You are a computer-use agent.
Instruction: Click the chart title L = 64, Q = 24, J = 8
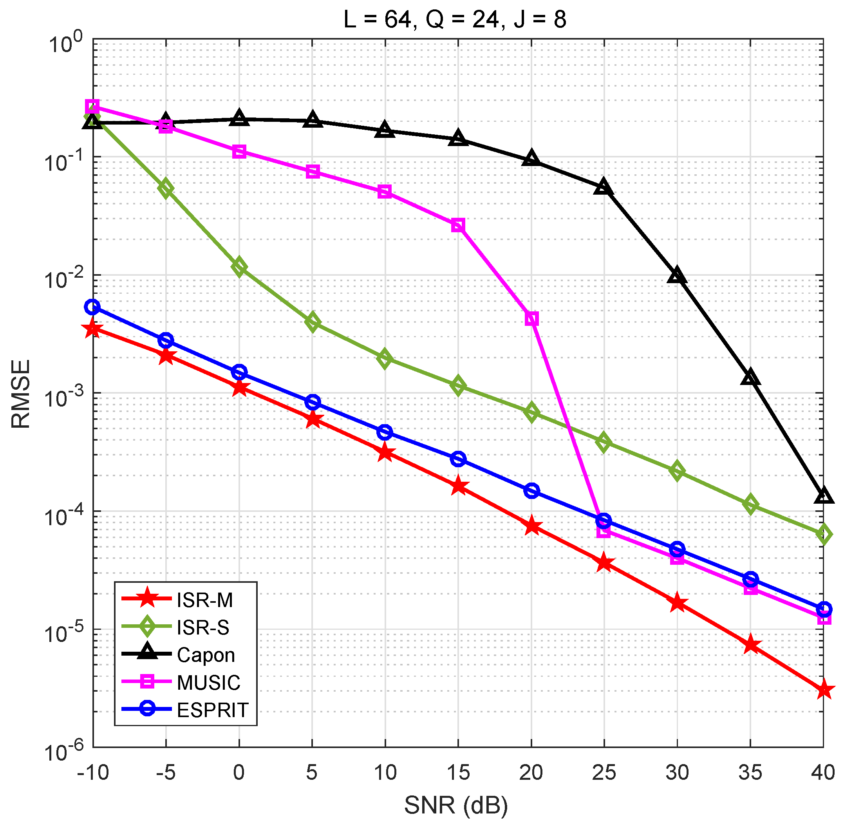tap(455, 20)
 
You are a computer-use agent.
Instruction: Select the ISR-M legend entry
tap(205, 600)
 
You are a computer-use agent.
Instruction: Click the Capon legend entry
tap(206, 655)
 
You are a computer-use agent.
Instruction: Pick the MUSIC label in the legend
tap(209, 683)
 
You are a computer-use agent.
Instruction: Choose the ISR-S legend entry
tap(203, 628)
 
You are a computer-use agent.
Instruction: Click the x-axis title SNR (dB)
tap(456, 806)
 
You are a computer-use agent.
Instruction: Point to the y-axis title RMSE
tap(20, 394)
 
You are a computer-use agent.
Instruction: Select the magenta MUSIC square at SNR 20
tap(532, 319)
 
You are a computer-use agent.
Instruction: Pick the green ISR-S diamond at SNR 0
tap(239, 267)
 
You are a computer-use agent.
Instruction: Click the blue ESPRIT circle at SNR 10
tap(385, 432)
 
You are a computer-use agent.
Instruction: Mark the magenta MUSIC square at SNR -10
tap(92, 106)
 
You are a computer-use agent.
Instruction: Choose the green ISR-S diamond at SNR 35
tap(751, 505)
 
